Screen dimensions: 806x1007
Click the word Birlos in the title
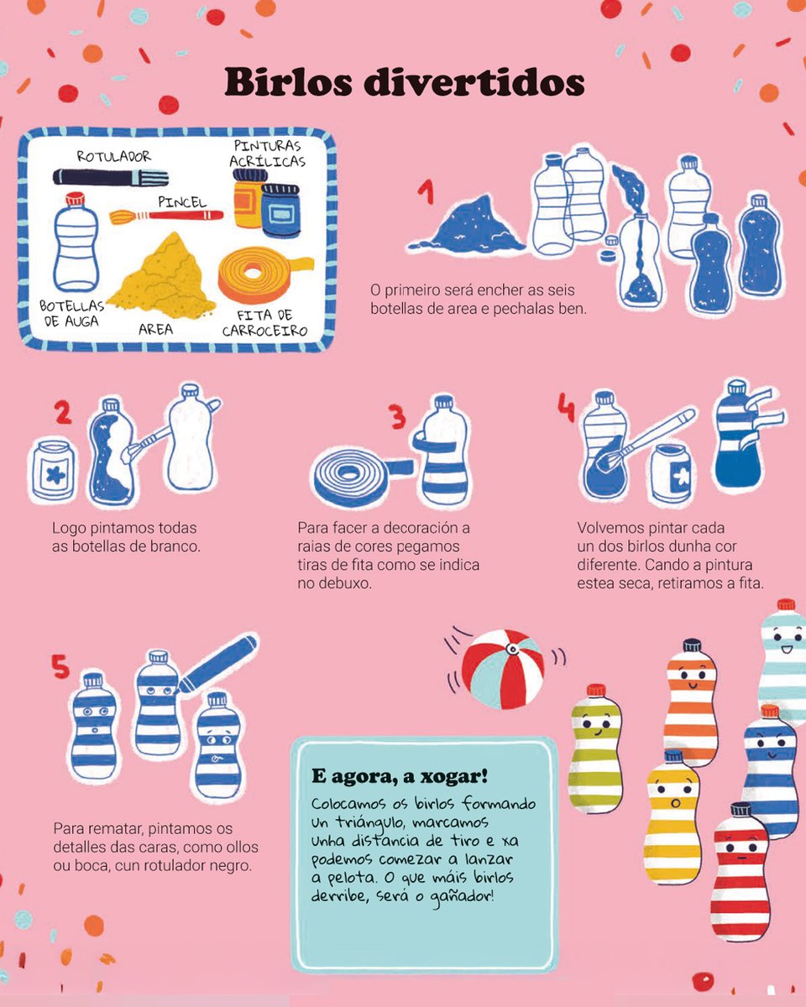tap(288, 82)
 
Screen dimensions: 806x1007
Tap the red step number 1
tap(427, 192)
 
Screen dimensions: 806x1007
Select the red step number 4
tap(566, 407)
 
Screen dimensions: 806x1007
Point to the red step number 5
tap(60, 666)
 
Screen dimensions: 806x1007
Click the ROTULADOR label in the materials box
tap(114, 156)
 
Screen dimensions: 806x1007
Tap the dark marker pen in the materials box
tap(111, 177)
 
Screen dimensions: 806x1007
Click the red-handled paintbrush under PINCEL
tap(166, 217)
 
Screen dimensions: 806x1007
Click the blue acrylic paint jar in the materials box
tap(280, 210)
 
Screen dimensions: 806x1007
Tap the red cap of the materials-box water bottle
tap(75, 200)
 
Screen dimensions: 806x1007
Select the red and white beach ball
tap(503, 668)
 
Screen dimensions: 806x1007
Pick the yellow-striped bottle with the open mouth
tap(673, 817)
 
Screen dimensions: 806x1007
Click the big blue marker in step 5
tap(217, 664)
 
